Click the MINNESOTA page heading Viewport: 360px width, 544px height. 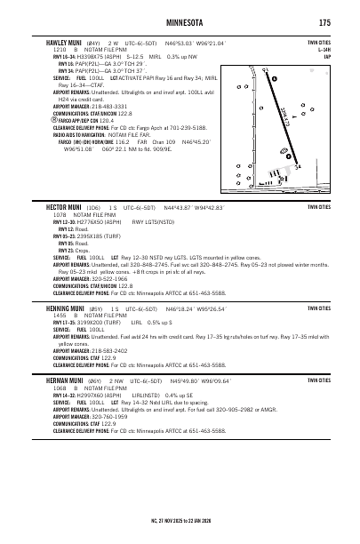[x=180, y=21]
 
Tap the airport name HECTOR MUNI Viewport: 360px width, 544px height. [x=62, y=206]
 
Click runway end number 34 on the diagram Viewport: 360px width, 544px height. [x=297, y=166]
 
